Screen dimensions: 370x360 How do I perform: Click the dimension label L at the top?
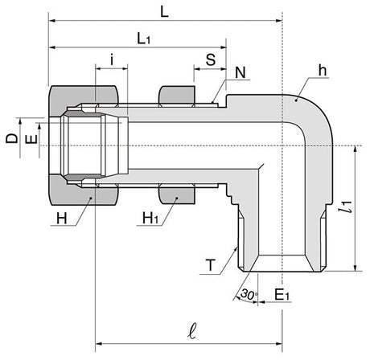click(x=164, y=12)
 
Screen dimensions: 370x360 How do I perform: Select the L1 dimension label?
click(x=144, y=39)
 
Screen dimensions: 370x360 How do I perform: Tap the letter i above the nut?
click(x=112, y=59)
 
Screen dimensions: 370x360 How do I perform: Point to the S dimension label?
click(x=211, y=59)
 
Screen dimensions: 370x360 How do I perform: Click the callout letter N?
click(x=240, y=72)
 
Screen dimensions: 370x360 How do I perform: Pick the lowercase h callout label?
click(x=323, y=71)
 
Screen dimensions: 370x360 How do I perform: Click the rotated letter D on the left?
click(x=12, y=138)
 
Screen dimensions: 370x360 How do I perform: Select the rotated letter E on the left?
click(x=31, y=139)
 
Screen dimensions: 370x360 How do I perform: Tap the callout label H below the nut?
click(x=62, y=219)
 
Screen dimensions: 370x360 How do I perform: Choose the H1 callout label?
click(x=150, y=218)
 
